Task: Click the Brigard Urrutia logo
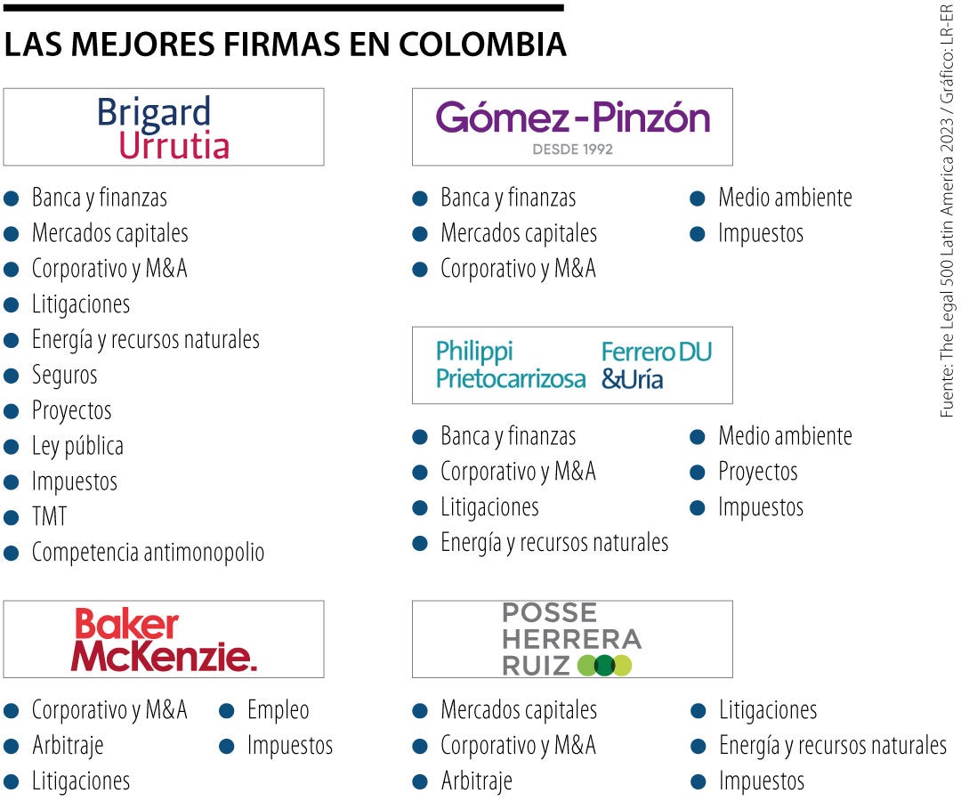(163, 127)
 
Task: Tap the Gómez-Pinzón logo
(572, 118)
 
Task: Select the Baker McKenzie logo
(165, 639)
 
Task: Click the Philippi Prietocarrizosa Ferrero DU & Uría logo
(573, 365)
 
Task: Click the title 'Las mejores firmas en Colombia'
(285, 44)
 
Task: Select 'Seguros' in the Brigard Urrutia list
(64, 376)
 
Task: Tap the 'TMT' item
(49, 517)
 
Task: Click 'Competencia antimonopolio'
(148, 553)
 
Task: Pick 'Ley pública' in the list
(77, 446)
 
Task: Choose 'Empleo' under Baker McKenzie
(278, 710)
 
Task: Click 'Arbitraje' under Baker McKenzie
(68, 746)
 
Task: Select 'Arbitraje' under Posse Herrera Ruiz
(476, 781)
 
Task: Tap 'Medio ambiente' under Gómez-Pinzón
(785, 198)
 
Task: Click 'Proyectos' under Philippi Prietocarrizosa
(757, 472)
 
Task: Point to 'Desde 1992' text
(572, 150)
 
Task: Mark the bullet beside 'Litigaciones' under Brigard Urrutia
(12, 304)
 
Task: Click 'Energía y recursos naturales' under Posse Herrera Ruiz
(832, 746)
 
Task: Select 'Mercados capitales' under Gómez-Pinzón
(518, 233)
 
